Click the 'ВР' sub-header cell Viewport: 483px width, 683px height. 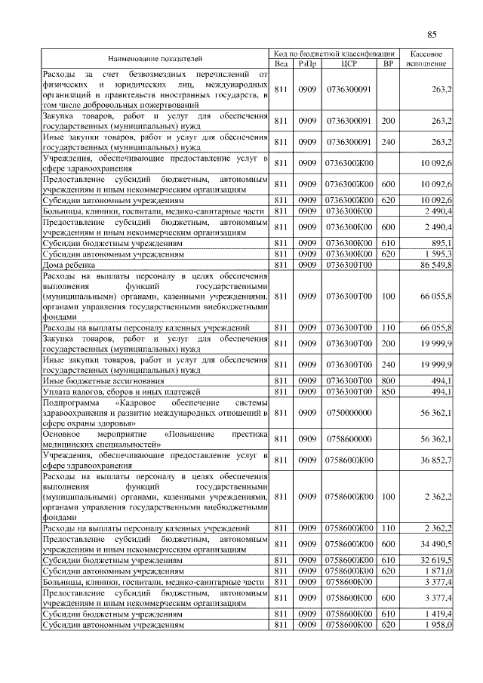(388, 63)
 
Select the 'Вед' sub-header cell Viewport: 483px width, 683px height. (281, 63)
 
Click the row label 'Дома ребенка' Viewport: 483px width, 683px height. (69, 266)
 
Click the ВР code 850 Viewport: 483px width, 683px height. (388, 392)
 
